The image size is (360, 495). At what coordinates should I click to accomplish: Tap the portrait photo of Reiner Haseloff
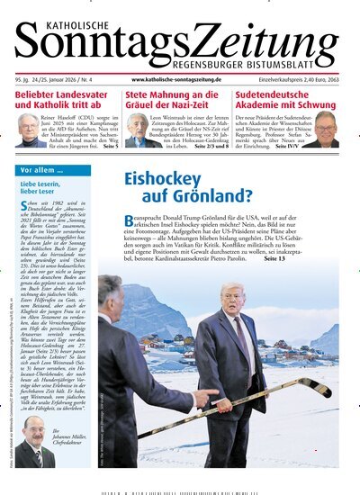[x=29, y=129]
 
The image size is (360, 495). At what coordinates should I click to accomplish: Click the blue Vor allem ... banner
[x=45, y=169]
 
